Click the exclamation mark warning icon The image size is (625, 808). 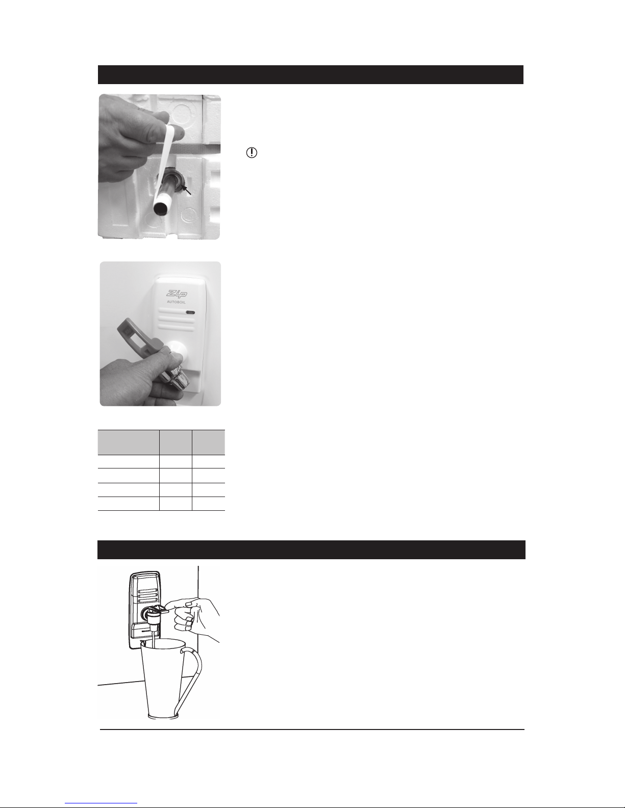pyautogui.click(x=252, y=152)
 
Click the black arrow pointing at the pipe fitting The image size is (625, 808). pyautogui.click(x=186, y=190)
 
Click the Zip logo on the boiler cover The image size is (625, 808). pyautogui.click(x=177, y=294)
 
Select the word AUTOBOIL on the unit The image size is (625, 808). pyautogui.click(x=177, y=302)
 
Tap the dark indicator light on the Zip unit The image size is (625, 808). pyautogui.click(x=190, y=312)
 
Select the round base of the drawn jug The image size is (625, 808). pyautogui.click(x=163, y=716)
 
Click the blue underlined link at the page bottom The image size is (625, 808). pyautogui.click(x=101, y=803)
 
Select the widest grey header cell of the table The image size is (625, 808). pyautogui.click(x=129, y=442)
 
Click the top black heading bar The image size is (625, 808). pyautogui.click(x=311, y=75)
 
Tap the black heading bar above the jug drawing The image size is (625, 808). pyautogui.click(x=311, y=550)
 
